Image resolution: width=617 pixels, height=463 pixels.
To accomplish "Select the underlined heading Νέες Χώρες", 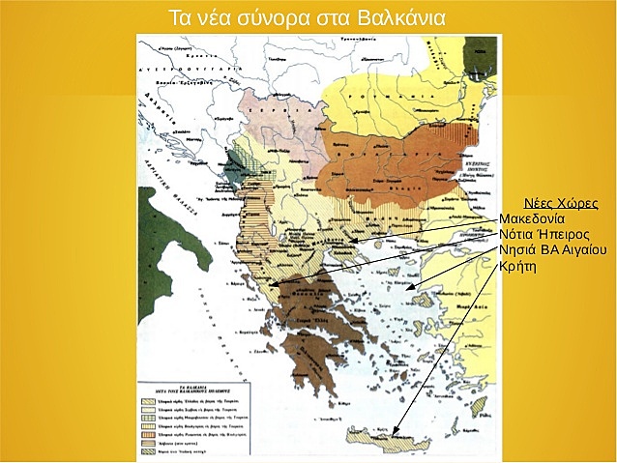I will tap(560, 204).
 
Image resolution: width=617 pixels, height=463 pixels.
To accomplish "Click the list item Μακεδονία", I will tap(538, 219).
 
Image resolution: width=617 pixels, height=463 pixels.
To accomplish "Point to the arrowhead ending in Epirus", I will tap(275, 287).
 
